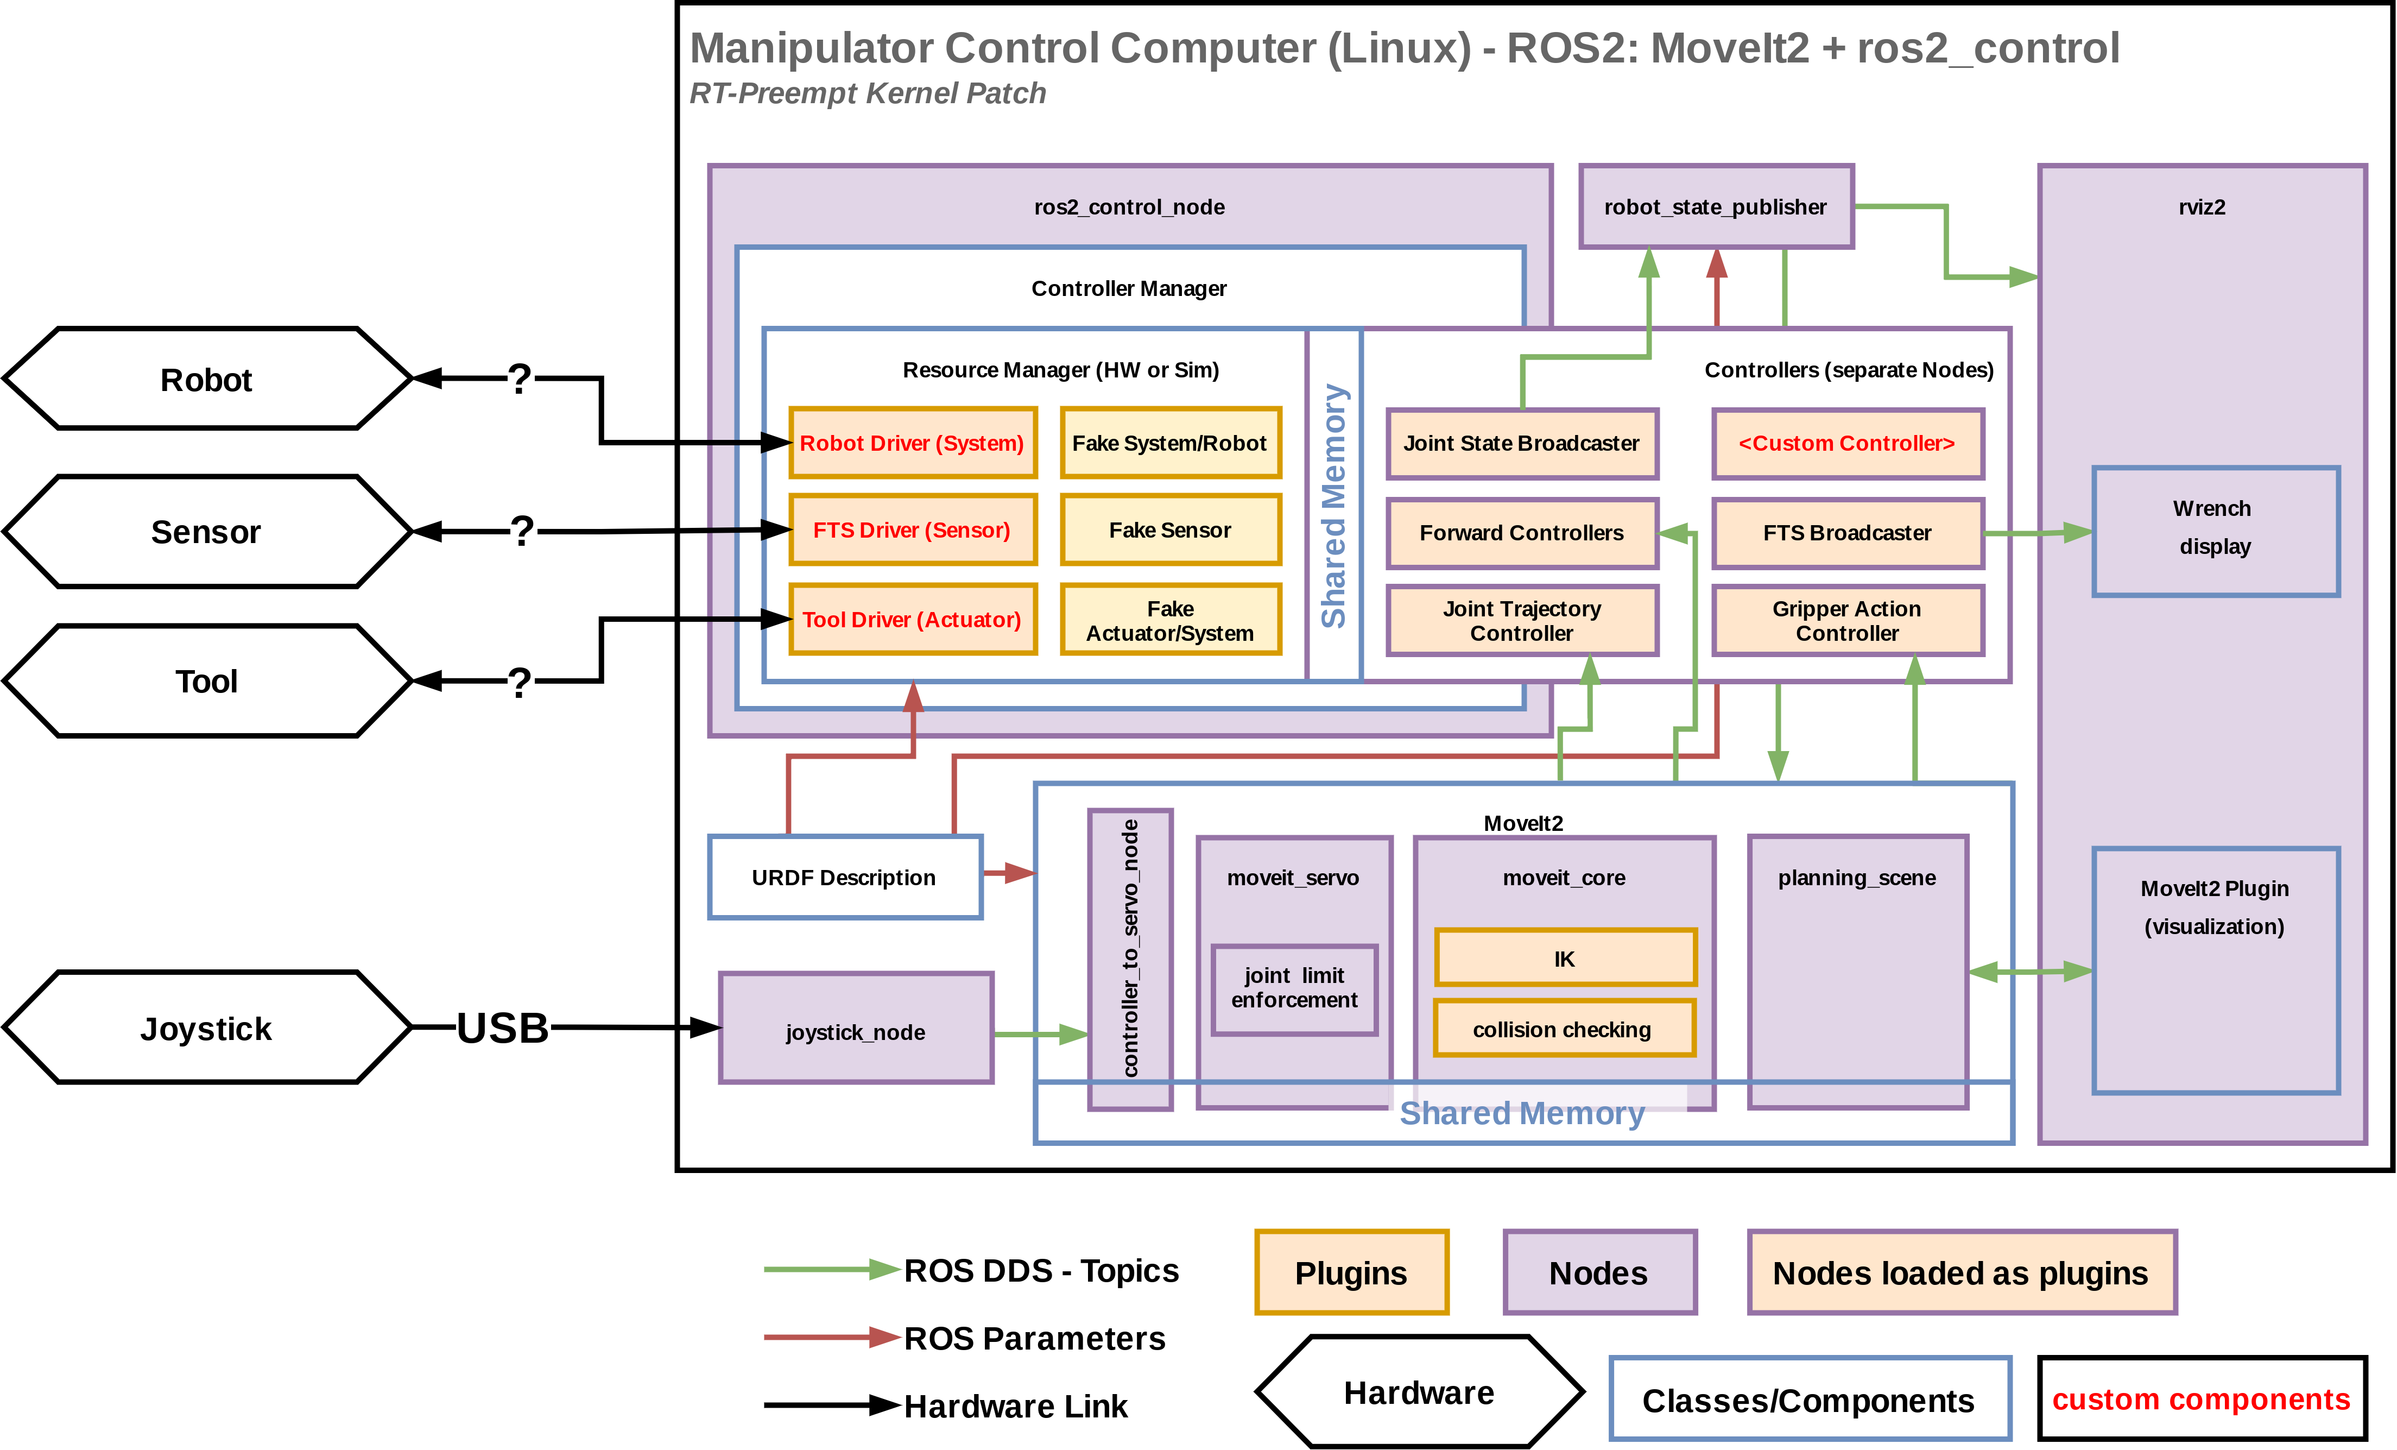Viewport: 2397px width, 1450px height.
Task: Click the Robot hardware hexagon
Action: click(206, 379)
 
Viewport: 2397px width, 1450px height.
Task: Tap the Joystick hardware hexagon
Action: click(206, 1027)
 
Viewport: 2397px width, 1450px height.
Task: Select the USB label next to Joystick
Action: click(503, 1027)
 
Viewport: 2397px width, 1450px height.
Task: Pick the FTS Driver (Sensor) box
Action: click(913, 531)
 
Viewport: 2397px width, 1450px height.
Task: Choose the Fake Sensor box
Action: click(1171, 531)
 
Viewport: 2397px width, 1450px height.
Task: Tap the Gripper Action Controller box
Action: click(1848, 621)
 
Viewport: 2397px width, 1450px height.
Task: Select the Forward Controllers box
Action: click(1521, 533)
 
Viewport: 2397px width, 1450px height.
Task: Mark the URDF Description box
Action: click(844, 878)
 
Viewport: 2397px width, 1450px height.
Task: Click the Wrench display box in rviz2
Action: click(2215, 531)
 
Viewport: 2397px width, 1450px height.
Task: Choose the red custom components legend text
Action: click(2202, 1399)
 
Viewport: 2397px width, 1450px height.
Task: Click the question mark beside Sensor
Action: click(523, 531)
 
